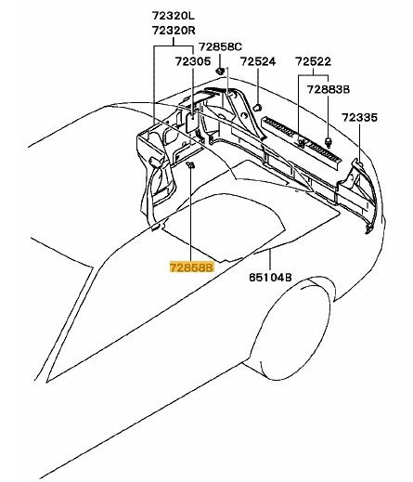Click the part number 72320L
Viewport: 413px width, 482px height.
pos(174,16)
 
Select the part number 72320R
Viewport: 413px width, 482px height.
pos(174,31)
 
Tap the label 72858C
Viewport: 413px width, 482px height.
pos(220,46)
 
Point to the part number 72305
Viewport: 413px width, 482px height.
pos(193,61)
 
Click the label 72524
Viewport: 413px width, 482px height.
pos(258,61)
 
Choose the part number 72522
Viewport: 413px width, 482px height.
pos(313,61)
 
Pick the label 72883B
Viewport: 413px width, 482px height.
pos(329,89)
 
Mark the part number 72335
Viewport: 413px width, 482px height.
pos(359,118)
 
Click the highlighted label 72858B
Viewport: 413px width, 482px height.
pos(191,267)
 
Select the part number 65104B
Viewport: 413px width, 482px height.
pos(270,278)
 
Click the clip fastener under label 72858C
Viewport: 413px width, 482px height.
pos(220,71)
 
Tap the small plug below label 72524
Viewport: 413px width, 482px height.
pos(257,108)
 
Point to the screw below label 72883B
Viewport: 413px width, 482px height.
pos(328,141)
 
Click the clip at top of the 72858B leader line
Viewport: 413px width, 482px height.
pos(190,165)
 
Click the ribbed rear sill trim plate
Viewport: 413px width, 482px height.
pos(302,141)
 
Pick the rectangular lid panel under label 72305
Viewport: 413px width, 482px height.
pos(191,122)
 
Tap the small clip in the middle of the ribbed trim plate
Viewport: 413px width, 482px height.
pos(301,142)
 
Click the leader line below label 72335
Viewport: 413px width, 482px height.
pos(360,141)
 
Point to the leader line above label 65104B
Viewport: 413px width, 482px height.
pos(270,260)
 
